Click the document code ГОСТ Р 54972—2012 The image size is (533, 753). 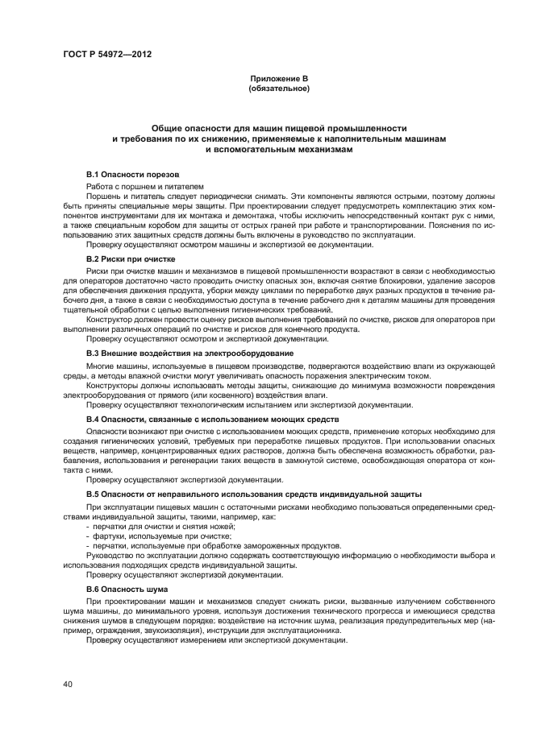tap(106, 55)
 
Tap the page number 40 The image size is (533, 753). tap(68, 684)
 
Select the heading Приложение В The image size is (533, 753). tap(279, 78)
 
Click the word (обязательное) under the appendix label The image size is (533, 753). tap(279, 88)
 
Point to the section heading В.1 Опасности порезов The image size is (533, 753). tap(132, 175)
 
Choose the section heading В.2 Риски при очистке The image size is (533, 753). tap(131, 259)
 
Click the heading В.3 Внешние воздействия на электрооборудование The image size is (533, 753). tap(189, 354)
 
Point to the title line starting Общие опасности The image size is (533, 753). tap(279, 129)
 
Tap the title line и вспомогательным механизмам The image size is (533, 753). tap(279, 150)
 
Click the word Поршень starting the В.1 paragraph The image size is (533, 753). tap(106, 196)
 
